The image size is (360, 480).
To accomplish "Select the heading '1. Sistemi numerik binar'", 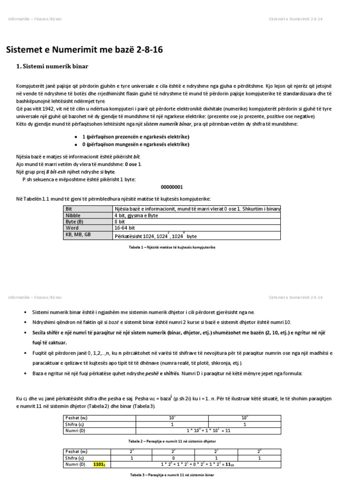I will (52, 67).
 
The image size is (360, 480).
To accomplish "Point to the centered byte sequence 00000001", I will (172, 186).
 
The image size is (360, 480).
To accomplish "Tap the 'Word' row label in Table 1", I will (72, 227).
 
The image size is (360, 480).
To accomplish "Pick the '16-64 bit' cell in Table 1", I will (125, 227).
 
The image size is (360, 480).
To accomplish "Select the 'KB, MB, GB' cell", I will (78, 234).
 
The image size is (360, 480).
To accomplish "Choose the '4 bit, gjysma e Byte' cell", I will (136, 215).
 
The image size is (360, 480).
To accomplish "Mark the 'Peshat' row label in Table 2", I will (75, 417).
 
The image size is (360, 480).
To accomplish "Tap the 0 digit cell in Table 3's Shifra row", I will (173, 457).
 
